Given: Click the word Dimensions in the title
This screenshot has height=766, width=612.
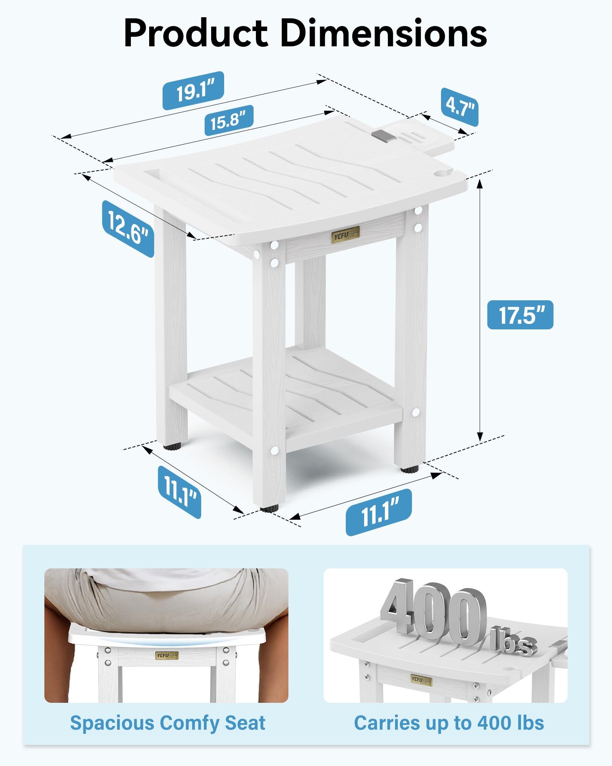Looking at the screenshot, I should [384, 34].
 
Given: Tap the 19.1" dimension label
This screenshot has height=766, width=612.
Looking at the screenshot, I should [194, 91].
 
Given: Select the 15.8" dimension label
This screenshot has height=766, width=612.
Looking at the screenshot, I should [229, 120].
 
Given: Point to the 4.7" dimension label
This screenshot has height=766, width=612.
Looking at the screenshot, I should [459, 107].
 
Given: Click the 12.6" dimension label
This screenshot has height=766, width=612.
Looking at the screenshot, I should [128, 229].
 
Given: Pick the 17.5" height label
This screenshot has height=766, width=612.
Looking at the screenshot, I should [520, 315].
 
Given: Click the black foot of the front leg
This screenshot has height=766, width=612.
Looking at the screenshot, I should [269, 509].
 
